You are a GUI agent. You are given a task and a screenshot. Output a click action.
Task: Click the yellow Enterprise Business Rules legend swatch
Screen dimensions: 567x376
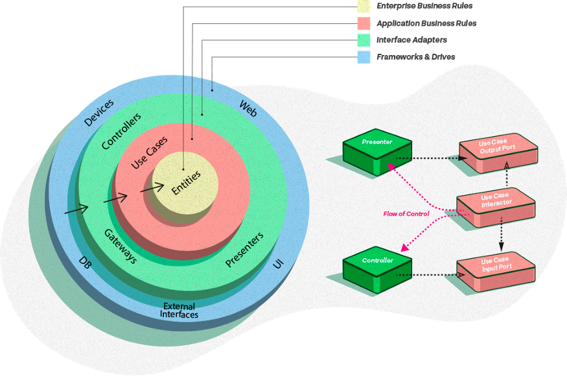364,6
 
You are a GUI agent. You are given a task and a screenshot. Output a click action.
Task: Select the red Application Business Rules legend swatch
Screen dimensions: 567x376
364,23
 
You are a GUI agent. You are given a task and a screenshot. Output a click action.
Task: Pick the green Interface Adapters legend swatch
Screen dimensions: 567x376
364,40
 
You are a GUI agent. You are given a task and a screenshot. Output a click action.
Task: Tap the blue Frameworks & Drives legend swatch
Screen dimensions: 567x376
364,57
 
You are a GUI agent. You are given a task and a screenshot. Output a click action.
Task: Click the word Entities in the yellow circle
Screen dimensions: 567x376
186,183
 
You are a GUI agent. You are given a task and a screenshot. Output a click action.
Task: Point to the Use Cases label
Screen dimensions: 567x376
149,152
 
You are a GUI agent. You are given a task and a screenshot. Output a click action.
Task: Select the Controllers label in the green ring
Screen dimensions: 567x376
121,131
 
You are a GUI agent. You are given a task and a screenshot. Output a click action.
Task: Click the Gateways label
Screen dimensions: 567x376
121,246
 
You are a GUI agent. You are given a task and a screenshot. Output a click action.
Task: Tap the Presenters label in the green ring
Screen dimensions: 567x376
244,250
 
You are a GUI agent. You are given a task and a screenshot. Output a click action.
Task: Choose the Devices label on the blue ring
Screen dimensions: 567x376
98,112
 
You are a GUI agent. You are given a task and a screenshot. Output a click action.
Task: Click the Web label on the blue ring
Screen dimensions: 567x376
248,108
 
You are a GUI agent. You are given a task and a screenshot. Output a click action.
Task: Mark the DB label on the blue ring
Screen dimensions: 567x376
85,263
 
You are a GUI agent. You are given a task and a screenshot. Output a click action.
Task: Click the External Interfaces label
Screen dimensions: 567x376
179,310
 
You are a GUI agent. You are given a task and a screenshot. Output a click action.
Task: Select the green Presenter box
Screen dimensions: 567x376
377,152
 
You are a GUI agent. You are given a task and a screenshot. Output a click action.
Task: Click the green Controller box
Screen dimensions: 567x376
377,270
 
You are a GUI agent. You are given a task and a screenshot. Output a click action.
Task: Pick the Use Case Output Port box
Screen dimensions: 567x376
498,154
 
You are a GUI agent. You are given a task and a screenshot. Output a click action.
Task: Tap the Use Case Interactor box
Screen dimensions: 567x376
496,207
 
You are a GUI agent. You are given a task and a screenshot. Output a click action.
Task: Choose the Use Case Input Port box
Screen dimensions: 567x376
496,272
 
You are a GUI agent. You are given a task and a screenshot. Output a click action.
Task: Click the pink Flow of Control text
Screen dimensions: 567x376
406,214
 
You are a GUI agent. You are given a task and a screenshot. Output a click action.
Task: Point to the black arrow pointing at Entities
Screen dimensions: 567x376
152,188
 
